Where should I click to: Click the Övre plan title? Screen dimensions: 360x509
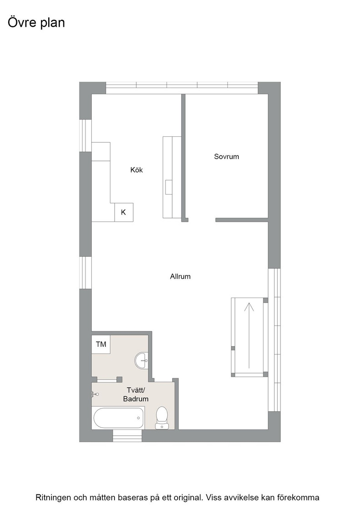(36, 23)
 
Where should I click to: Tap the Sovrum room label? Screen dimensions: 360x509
(226, 156)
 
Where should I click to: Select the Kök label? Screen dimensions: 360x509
(136, 170)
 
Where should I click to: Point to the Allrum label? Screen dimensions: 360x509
(180, 276)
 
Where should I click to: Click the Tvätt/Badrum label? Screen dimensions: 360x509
(136, 394)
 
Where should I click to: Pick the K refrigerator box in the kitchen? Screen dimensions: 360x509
(124, 212)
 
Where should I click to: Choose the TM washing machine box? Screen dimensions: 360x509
(101, 344)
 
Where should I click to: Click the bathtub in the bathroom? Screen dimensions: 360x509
(119, 418)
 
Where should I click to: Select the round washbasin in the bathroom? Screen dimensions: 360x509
(141, 360)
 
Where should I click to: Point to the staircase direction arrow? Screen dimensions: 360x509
(249, 335)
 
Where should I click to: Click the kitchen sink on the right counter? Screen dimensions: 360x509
(169, 187)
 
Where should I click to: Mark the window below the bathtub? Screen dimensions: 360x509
(127, 436)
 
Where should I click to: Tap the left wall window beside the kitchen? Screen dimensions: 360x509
(85, 136)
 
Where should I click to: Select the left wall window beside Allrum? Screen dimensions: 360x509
(85, 273)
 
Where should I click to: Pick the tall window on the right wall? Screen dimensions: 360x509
(274, 340)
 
